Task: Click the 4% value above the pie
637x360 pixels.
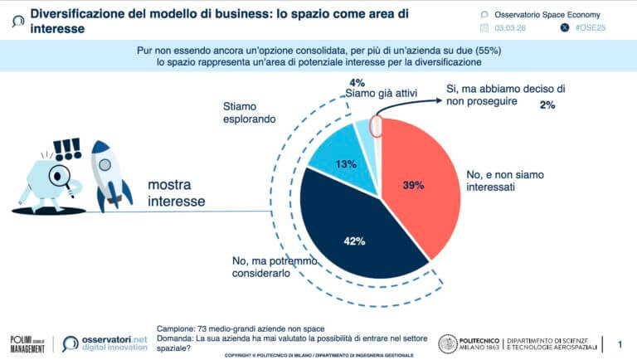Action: [x=357, y=82]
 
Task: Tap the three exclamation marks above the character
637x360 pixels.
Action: [x=66, y=149]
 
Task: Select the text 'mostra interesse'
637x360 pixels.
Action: [x=177, y=192]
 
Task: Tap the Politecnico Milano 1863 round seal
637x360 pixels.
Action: [x=447, y=343]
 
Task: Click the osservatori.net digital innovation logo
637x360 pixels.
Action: [x=104, y=343]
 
